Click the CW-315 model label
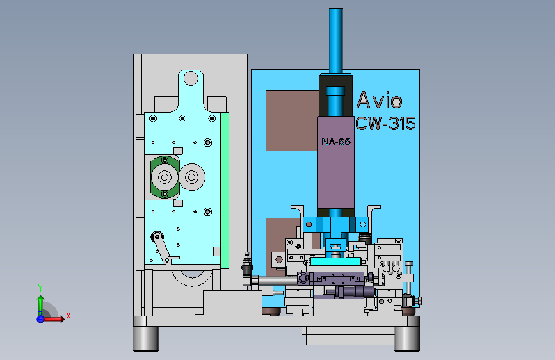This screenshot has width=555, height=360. tap(385, 124)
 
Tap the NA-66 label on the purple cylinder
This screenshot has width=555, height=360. tap(336, 142)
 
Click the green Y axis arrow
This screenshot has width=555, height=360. tap(40, 306)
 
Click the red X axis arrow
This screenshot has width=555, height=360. tap(53, 319)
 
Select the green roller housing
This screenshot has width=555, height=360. tap(165, 177)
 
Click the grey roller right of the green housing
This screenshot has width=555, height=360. tap(192, 177)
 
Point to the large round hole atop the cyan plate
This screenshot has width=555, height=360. tap(191, 78)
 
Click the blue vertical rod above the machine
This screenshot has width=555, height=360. tap(335, 41)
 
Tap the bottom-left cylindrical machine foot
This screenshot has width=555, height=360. tap(146, 338)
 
